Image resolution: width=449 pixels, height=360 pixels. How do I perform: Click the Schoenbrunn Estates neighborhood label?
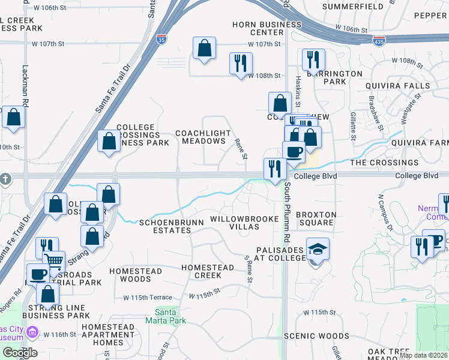(172, 226)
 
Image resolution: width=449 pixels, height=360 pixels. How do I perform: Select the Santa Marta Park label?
(166, 316)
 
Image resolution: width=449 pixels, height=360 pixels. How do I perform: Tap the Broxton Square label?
(316, 218)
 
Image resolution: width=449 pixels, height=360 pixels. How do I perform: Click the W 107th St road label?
(265, 44)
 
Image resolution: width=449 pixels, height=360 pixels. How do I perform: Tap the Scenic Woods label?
(316, 336)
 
